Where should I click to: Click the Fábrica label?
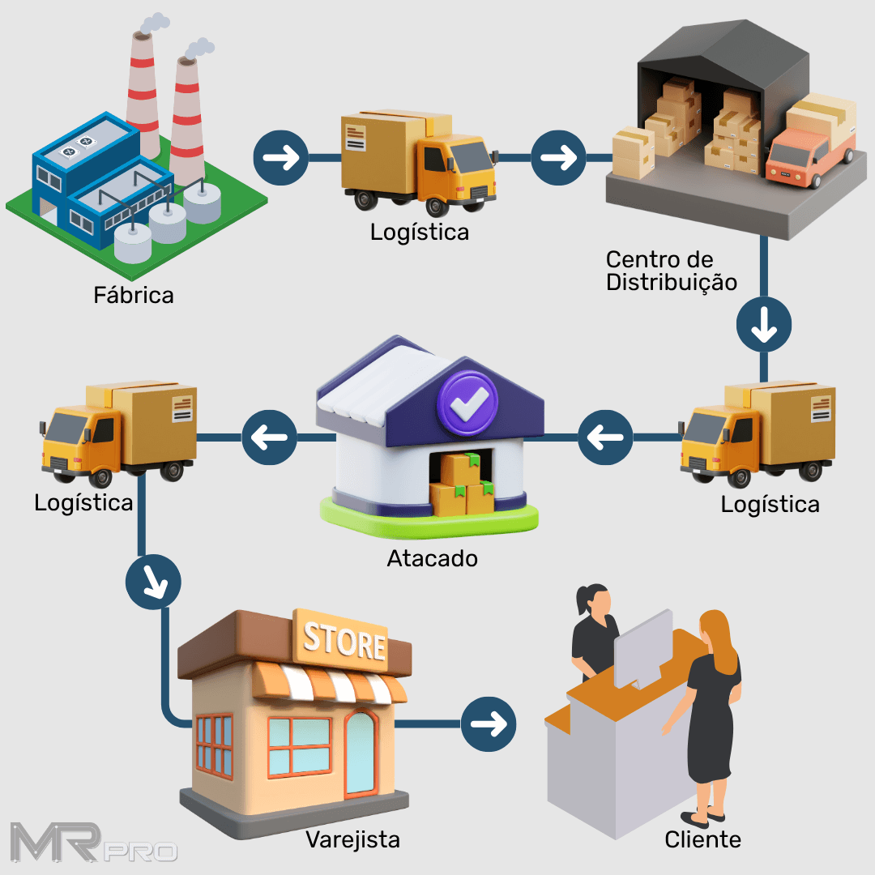[134, 295]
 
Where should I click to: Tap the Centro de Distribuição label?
[671, 271]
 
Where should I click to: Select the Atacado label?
[432, 558]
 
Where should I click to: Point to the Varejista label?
[352, 839]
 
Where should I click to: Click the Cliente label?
[702, 839]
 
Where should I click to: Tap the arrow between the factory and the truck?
[281, 156]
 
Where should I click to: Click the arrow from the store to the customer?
[489, 723]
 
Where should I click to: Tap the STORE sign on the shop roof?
[344, 642]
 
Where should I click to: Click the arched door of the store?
[360, 753]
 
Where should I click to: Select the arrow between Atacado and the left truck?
[269, 437]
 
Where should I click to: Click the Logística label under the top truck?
[419, 232]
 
